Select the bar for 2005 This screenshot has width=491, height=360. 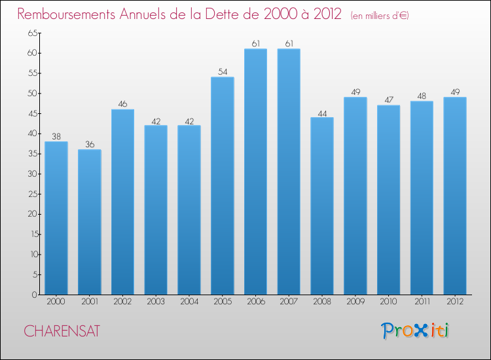[223, 186]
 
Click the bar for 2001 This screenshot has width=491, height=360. [90, 222]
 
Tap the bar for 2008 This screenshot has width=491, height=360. [322, 206]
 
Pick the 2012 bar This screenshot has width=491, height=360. [455, 196]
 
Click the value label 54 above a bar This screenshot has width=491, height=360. [223, 72]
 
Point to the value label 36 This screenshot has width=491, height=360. [90, 145]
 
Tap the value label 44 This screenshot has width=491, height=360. [322, 113]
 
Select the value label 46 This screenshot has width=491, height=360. [123, 104]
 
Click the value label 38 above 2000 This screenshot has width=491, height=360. [56, 137]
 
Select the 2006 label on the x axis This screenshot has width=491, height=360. [256, 302]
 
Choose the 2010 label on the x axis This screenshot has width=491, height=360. [389, 302]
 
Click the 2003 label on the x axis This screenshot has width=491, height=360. [156, 302]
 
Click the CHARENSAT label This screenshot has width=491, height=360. [62, 331]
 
